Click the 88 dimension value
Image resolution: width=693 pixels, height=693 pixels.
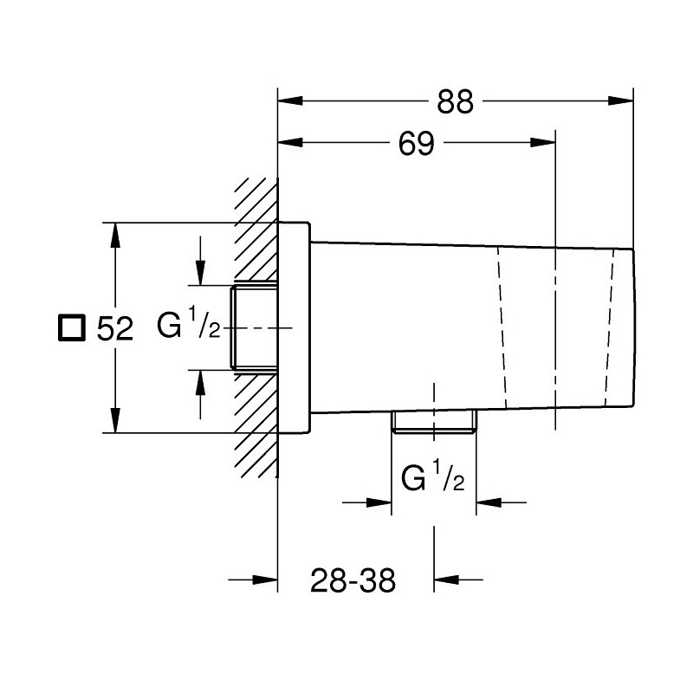coord(456,101)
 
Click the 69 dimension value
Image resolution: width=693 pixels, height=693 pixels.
coord(417,143)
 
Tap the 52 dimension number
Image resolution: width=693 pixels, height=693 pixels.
coord(115,329)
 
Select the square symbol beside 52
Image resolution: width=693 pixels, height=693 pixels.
coord(72,327)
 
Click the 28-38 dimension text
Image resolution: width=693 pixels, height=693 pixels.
coord(353,580)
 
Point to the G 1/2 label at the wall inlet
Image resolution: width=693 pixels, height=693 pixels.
coord(188,324)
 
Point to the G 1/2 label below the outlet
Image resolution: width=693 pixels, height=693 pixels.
coord(432,476)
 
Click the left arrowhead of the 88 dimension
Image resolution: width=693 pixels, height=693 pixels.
coord(290,100)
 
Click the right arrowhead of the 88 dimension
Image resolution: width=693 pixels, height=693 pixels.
coord(620,100)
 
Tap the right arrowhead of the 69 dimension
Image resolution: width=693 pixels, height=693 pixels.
coord(542,142)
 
